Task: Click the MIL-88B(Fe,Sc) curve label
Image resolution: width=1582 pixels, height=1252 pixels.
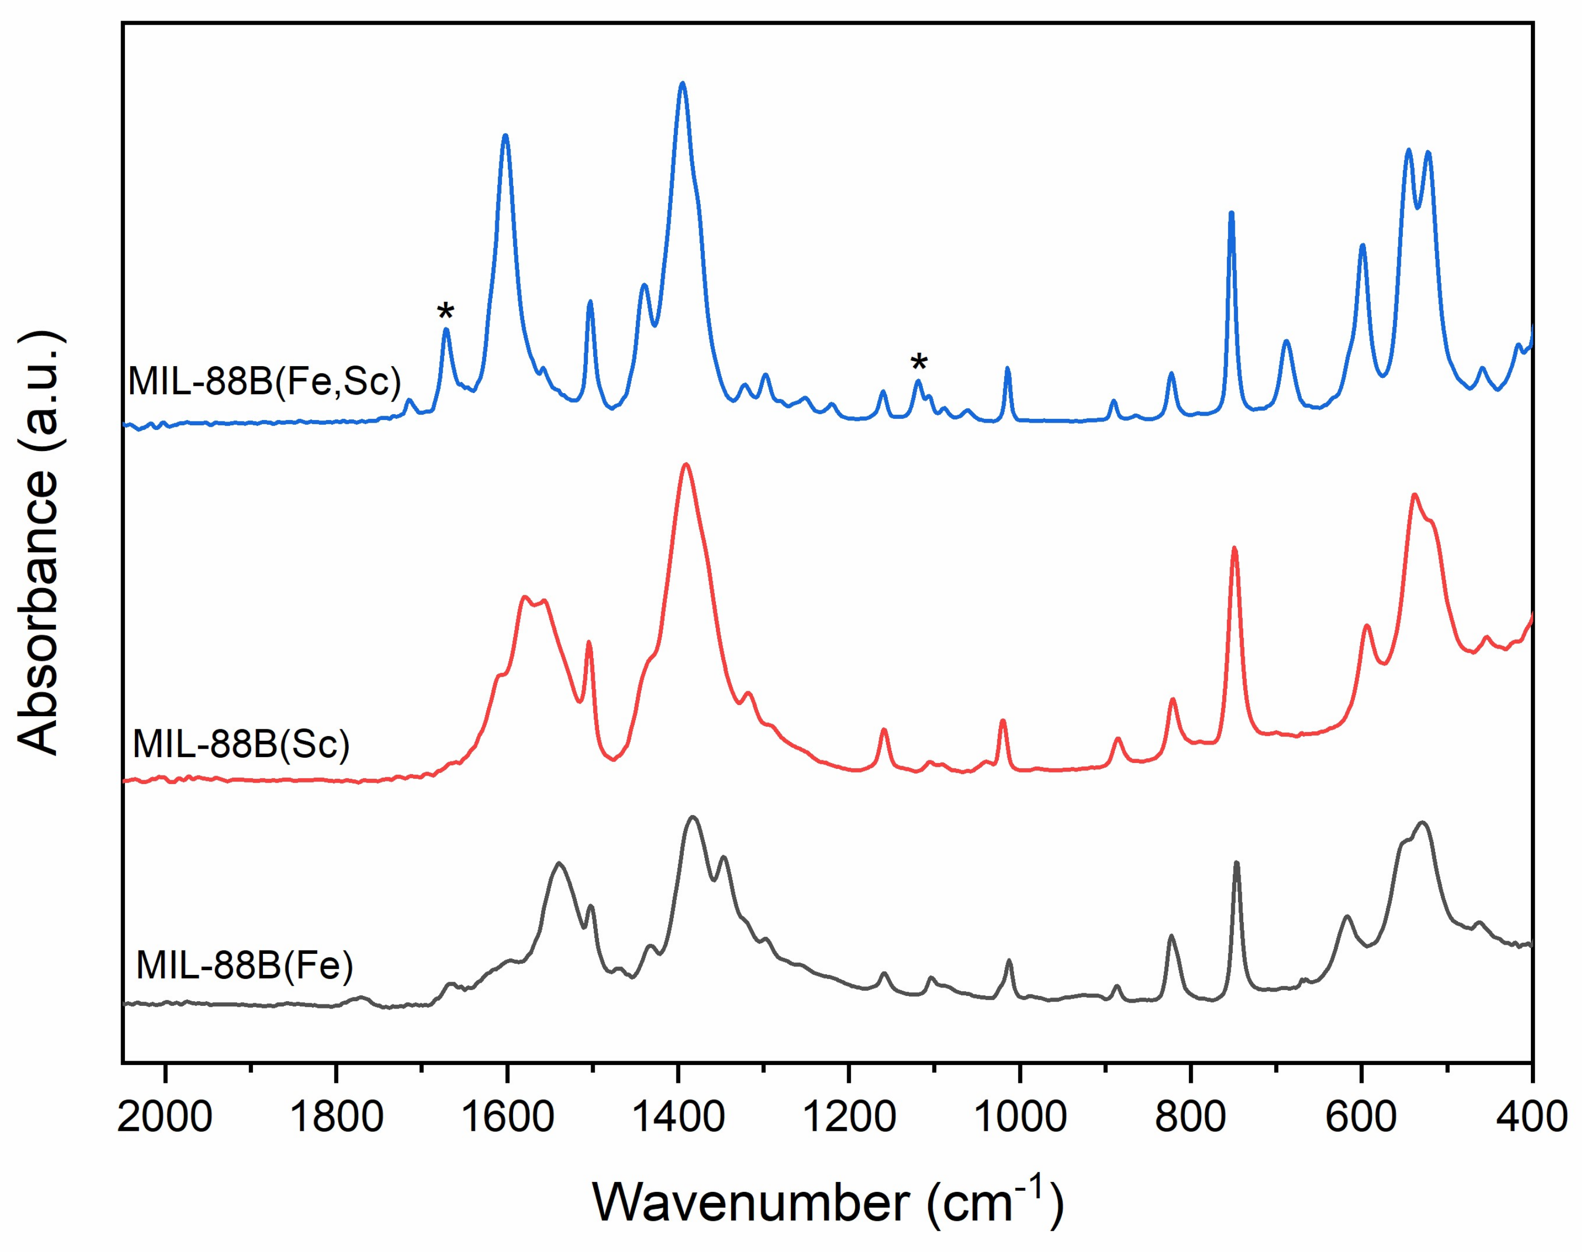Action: pyautogui.click(x=264, y=380)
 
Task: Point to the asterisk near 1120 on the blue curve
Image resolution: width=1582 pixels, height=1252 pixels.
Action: pyautogui.click(x=918, y=364)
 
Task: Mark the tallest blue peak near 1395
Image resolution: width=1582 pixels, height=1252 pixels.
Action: pyautogui.click(x=683, y=84)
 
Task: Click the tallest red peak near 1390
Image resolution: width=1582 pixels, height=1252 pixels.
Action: pyautogui.click(x=686, y=465)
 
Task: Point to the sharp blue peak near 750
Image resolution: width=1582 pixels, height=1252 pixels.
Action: pyautogui.click(x=1231, y=213)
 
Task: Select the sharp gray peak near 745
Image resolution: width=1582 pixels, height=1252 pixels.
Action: pyautogui.click(x=1236, y=864)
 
